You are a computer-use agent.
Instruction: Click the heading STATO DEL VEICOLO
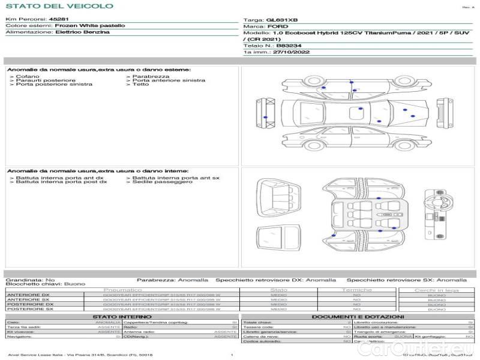pyautogui.click(x=59, y=7)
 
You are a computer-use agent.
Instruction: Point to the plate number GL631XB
pyautogui.click(x=282, y=20)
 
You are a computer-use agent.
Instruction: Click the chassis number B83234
pyautogui.click(x=289, y=46)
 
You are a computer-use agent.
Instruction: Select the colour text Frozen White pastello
pyautogui.click(x=90, y=26)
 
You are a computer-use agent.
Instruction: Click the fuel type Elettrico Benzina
pyautogui.click(x=82, y=32)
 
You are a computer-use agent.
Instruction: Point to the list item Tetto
pyautogui.click(x=141, y=84)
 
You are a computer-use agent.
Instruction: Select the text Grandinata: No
pyautogui.click(x=30, y=280)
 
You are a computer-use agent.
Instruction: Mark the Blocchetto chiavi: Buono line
pyautogui.click(x=46, y=284)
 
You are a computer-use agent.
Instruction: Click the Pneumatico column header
pyautogui.click(x=122, y=290)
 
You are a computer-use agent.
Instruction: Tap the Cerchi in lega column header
pyautogui.click(x=436, y=290)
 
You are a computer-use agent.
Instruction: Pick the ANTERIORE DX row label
pyautogui.click(x=28, y=295)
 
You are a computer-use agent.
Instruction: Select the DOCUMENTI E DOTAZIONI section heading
pyautogui.click(x=358, y=316)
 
